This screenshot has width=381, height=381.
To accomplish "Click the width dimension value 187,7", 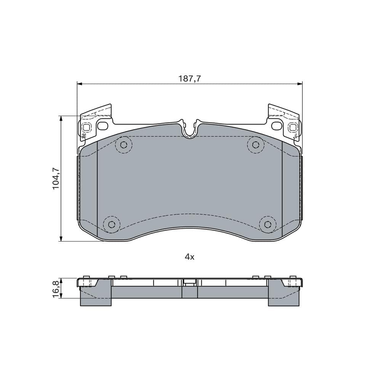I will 189,79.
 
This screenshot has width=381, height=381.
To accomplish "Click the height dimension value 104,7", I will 56,178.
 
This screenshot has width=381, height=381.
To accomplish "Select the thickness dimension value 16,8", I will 56,288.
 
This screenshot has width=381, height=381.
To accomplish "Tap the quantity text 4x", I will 189,257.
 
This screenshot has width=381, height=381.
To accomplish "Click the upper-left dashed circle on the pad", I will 123,145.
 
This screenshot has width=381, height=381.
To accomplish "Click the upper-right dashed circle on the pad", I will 256,145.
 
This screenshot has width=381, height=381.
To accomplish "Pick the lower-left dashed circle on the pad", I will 112,224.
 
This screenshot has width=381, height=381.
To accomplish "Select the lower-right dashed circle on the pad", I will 267,224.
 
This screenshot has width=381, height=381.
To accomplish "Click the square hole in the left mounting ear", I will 86,127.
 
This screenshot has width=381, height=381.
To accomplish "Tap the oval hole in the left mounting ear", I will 102,125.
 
